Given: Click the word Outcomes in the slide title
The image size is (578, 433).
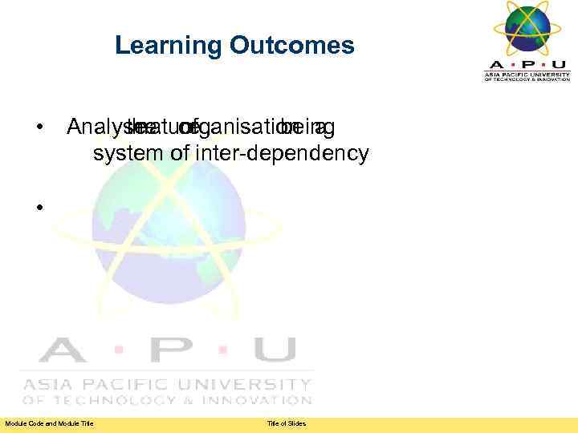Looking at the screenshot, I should (291, 46).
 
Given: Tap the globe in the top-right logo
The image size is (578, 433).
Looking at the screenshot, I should (527, 28).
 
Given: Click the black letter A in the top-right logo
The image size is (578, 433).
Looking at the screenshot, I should (495, 64).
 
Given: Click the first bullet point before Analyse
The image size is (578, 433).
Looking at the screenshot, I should (38, 128).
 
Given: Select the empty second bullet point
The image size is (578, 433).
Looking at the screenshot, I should (38, 208).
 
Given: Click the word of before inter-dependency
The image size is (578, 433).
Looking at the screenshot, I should (185, 153).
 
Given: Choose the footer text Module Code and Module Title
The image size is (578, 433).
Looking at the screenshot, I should (49, 423).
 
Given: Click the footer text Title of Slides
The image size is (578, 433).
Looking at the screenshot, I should (287, 423).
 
